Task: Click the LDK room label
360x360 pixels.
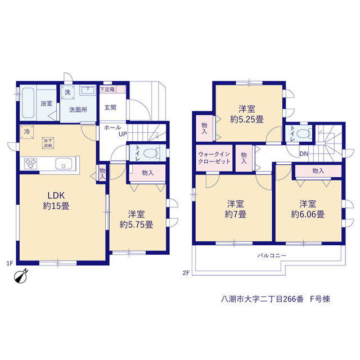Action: pos(56,195)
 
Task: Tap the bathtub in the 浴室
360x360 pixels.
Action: pos(28,102)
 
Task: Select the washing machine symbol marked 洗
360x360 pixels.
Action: pos(67,92)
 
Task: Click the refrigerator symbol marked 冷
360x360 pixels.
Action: pos(27,132)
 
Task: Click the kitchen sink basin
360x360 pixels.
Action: pos(64,164)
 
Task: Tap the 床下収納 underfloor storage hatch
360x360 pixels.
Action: pos(48,143)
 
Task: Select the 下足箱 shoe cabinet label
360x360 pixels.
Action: pos(107,89)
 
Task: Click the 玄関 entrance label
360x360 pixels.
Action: pos(110,107)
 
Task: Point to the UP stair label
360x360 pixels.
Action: pos(123,134)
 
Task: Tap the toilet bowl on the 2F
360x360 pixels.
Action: pos(304,133)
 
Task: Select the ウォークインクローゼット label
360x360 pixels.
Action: pos(214,157)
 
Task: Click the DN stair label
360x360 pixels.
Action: pos(304,154)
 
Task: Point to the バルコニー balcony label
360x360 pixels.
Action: pos(272,255)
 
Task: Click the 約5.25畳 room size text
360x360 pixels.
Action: pos(247,119)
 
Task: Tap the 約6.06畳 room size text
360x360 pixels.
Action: pos(308,214)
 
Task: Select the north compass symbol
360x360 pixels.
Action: pos(21,276)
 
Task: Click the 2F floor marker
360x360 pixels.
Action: pos(186,273)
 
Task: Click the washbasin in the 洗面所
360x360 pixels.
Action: pos(88,90)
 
